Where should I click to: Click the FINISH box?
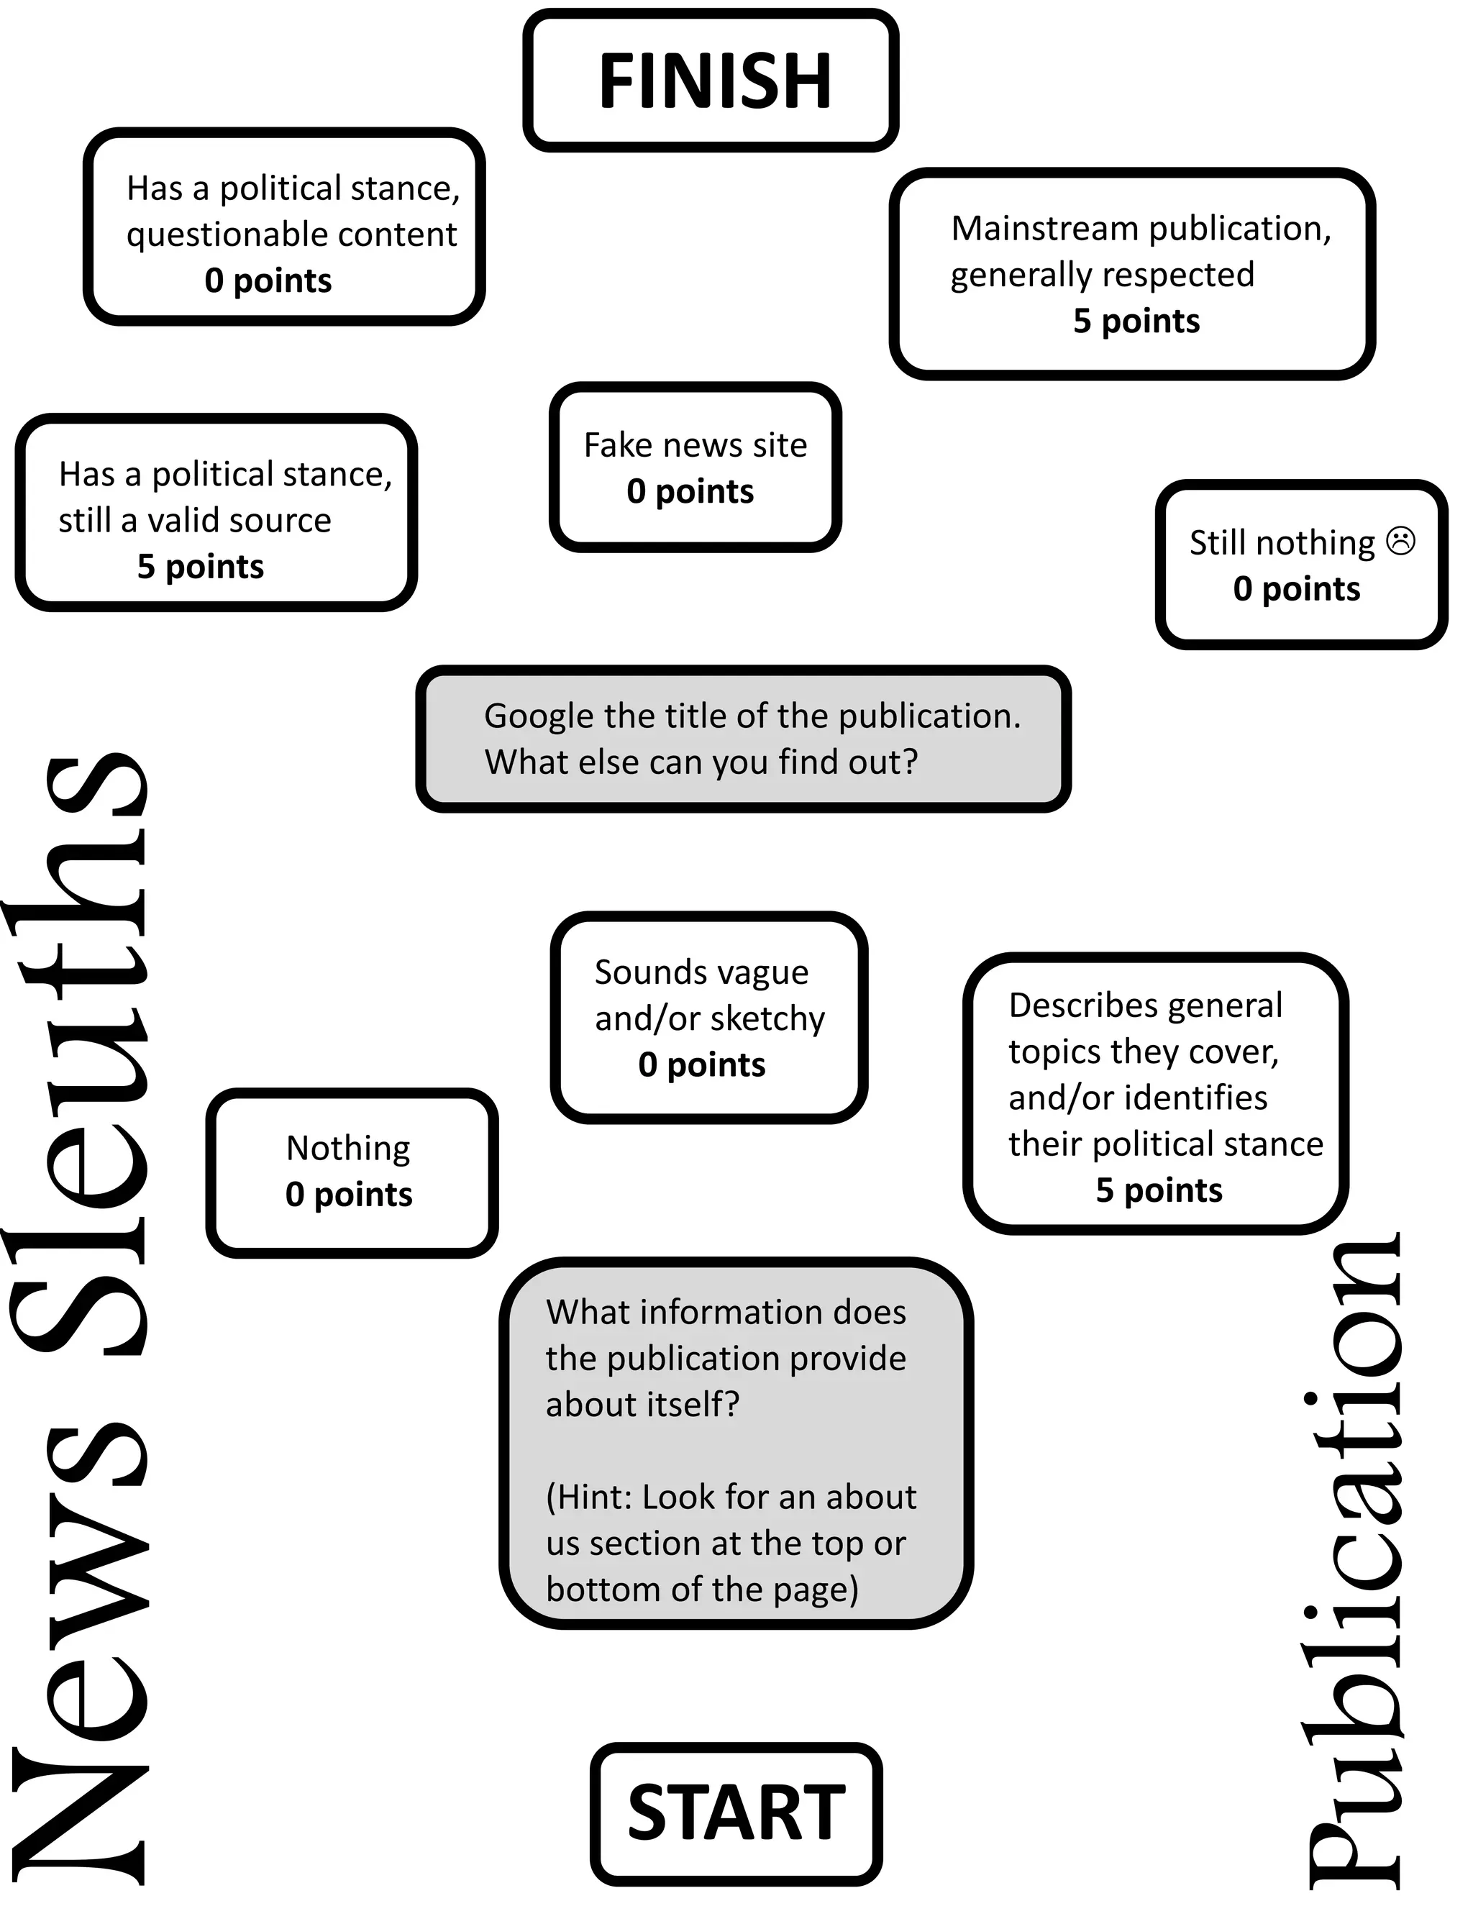[x=711, y=81]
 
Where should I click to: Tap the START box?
[x=736, y=1815]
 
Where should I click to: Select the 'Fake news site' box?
[x=696, y=467]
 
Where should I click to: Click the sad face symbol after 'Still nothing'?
[x=1400, y=541]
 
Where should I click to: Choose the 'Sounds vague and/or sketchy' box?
[x=708, y=1018]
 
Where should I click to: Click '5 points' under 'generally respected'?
[x=1136, y=322]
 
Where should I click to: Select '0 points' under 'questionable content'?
[x=268, y=280]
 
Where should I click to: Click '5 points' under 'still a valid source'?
[x=200, y=566]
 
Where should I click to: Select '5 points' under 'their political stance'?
[x=1159, y=1190]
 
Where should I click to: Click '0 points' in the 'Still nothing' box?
[x=1296, y=589]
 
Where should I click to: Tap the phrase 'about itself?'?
[x=642, y=1404]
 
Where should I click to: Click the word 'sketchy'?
[x=769, y=1018]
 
